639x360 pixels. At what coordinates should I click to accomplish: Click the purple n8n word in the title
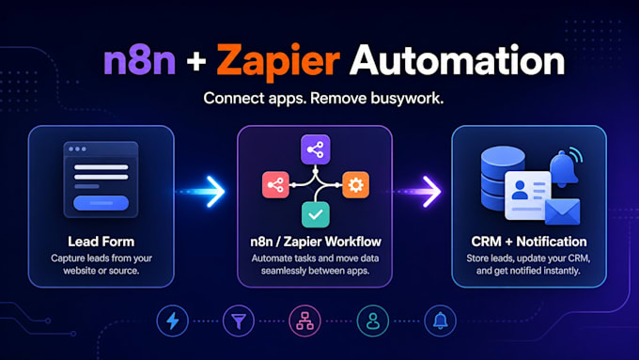tap(140, 60)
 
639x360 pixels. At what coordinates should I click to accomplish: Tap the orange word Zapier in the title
tap(278, 61)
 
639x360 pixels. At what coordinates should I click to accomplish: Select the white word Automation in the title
tap(457, 60)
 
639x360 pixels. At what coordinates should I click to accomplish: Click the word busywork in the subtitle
tap(407, 99)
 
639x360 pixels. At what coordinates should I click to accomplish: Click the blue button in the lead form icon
tap(101, 203)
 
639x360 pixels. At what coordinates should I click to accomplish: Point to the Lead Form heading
tap(101, 242)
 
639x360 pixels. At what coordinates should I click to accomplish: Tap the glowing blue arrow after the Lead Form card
tap(203, 192)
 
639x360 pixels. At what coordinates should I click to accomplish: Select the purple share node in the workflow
tap(316, 149)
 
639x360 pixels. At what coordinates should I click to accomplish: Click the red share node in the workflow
tap(275, 185)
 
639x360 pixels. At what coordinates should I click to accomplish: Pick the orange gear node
tap(356, 185)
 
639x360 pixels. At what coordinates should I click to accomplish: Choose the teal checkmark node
tap(316, 215)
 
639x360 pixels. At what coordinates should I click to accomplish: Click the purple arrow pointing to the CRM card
tap(420, 192)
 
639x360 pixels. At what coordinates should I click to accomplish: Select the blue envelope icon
tap(562, 211)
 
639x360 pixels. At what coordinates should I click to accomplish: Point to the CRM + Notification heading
tap(529, 242)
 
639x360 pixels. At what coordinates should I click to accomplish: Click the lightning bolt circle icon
tap(172, 321)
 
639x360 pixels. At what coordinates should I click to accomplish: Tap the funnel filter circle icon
tap(239, 321)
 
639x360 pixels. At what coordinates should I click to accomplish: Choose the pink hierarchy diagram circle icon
tap(304, 321)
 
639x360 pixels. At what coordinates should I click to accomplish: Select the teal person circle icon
tap(373, 321)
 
